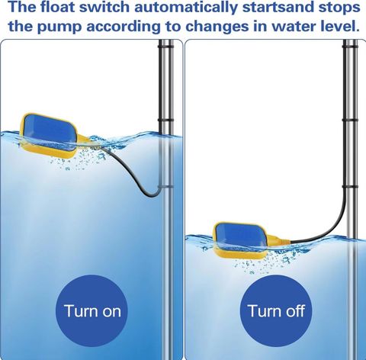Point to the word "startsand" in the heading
pyautogui.click(x=278, y=8)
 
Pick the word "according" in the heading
pyautogui.click(x=124, y=27)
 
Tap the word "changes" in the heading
pyautogui.click(x=217, y=27)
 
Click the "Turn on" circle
pyautogui.click(x=92, y=310)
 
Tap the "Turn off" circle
pyautogui.click(x=276, y=310)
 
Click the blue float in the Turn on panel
pyautogui.click(x=50, y=136)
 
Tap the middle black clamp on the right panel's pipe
pyautogui.click(x=350, y=120)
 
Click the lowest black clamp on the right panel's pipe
pyautogui.click(x=350, y=187)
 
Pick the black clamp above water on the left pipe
pyautogui.click(x=165, y=120)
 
